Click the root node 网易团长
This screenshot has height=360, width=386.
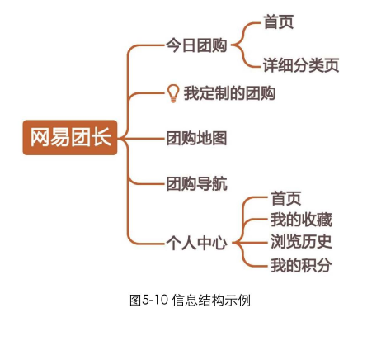pyautogui.click(x=70, y=137)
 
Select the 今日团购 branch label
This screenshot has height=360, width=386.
pyautogui.click(x=196, y=45)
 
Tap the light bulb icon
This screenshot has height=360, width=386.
pyautogui.click(x=173, y=93)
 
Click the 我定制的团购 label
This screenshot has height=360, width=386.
pyautogui.click(x=229, y=93)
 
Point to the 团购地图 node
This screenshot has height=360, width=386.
pyautogui.click(x=196, y=138)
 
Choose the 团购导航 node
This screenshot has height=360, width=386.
pyautogui.click(x=196, y=183)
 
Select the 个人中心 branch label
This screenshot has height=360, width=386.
pyautogui.click(x=196, y=243)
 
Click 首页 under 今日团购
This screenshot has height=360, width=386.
pyautogui.click(x=279, y=22)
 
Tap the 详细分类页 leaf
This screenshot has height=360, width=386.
pyautogui.click(x=301, y=65)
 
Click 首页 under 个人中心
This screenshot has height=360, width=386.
pyautogui.click(x=286, y=198)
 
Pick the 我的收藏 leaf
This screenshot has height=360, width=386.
pyautogui.click(x=301, y=220)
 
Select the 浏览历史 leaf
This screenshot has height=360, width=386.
pyautogui.click(x=301, y=242)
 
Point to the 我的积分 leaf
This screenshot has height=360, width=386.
pyautogui.click(x=301, y=265)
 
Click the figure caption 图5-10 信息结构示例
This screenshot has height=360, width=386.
pyautogui.click(x=190, y=300)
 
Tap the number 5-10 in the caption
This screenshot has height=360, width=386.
pyautogui.click(x=155, y=300)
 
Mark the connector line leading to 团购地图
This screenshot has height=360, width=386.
pyautogui.click(x=143, y=138)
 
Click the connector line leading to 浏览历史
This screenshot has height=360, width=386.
pyautogui.click(x=251, y=243)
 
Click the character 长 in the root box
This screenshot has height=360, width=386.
pyautogui.click(x=101, y=137)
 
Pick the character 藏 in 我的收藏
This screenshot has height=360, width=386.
pyautogui.click(x=325, y=220)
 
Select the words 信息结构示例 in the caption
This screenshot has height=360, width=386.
pyautogui.click(x=211, y=300)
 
